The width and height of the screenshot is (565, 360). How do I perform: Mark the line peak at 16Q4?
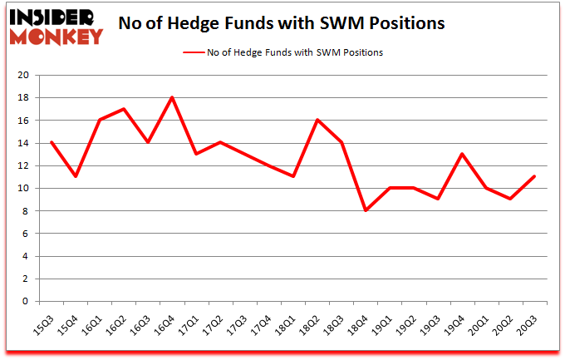click(x=172, y=97)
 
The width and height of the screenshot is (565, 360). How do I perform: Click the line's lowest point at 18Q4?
click(x=366, y=210)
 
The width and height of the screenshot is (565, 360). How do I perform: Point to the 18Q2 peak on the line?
click(x=317, y=120)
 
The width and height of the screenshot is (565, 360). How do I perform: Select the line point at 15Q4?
click(x=76, y=176)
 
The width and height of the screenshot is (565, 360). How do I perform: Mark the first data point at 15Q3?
click(x=52, y=142)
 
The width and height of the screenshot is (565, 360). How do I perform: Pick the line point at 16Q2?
click(x=124, y=109)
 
